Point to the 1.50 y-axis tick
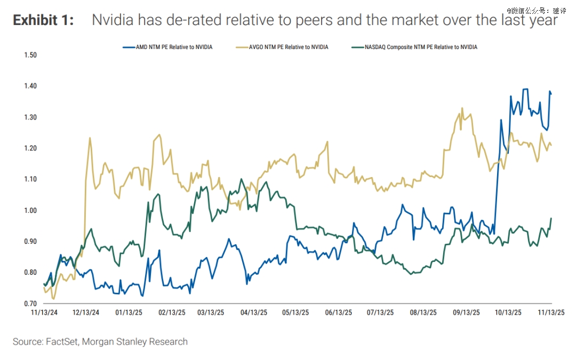click(x=30, y=55)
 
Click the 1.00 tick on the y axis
click(x=30, y=210)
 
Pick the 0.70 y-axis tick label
click(x=30, y=303)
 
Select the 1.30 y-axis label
click(x=30, y=117)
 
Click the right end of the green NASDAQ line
click(x=551, y=218)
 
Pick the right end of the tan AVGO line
click(x=551, y=145)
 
